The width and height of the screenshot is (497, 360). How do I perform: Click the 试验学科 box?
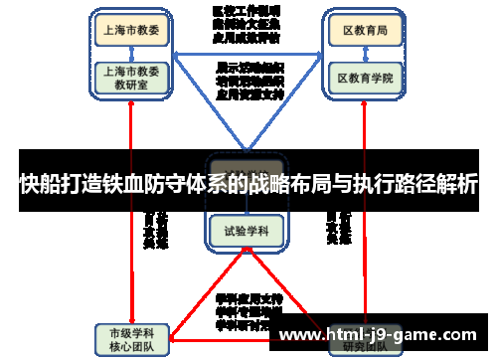coord(246,231)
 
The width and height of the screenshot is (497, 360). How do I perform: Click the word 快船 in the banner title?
coord(40,184)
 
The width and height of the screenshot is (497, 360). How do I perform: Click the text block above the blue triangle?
coord(246,23)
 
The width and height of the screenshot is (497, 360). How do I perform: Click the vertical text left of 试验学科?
coord(156,229)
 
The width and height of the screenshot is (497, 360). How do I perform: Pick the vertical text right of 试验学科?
coord(338,229)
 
